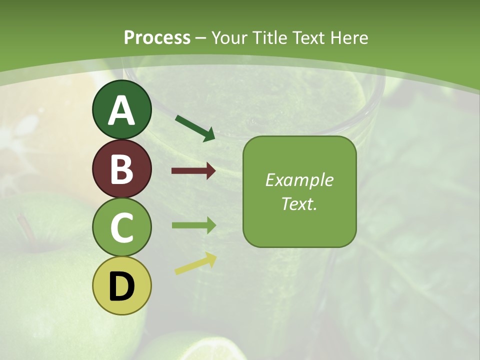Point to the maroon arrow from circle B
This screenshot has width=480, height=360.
click(x=193, y=171)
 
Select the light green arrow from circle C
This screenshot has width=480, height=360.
click(x=193, y=225)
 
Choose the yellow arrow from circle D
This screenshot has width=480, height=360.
click(x=195, y=264)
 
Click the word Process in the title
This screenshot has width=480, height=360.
click(x=157, y=37)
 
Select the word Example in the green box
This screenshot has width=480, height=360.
click(x=299, y=180)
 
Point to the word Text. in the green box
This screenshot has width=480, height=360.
click(x=299, y=203)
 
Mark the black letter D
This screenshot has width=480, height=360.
click(x=122, y=286)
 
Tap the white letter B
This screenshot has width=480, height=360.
click(x=122, y=169)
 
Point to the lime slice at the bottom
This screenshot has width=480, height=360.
click(x=200, y=347)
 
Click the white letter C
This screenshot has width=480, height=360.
click(x=122, y=227)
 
